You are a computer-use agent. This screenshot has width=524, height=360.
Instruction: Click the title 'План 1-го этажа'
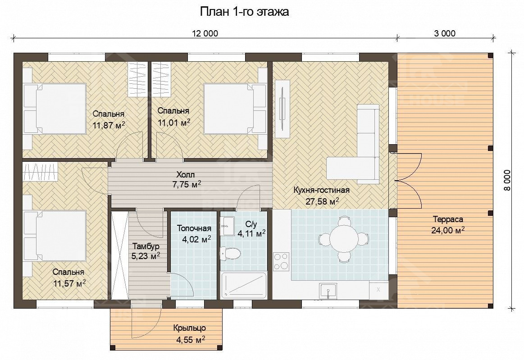point(244,12)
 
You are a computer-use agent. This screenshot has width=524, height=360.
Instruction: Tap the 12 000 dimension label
point(205,33)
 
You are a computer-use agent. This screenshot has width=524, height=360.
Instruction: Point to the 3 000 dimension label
point(445,33)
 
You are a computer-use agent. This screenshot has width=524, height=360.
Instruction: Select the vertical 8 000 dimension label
point(507,180)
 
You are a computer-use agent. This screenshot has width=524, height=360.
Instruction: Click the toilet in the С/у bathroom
point(230,253)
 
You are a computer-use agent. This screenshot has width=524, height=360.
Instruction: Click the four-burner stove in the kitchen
point(281,261)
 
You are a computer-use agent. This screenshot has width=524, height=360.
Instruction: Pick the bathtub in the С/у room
point(244,285)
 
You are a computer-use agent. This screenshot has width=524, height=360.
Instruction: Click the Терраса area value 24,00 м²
point(448,230)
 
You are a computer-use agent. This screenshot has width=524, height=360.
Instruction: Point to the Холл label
point(186,174)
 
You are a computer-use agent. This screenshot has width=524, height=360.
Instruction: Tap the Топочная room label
point(194,228)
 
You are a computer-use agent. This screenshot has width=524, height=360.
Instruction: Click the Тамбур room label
point(146,246)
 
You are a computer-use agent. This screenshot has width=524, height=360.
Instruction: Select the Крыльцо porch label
point(190,328)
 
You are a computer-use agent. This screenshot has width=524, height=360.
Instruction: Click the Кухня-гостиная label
point(322,190)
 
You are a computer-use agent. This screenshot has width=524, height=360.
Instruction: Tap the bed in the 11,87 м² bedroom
point(55,109)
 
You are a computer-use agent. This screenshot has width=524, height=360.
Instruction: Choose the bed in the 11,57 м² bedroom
point(55,236)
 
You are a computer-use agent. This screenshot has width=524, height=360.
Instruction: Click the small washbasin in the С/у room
point(228,223)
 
